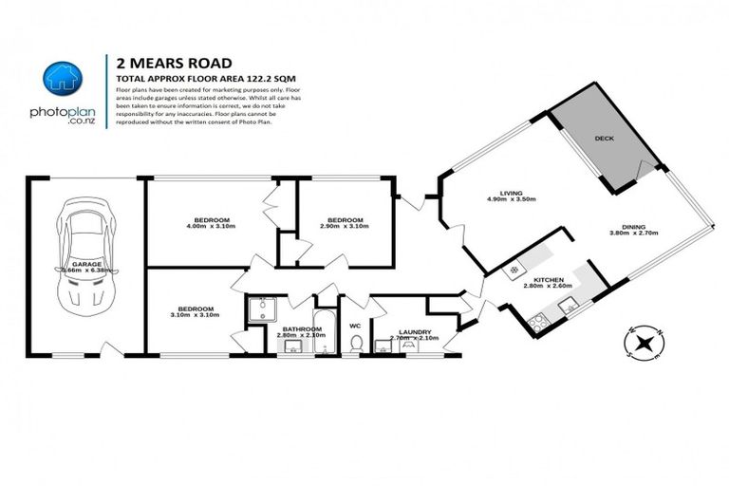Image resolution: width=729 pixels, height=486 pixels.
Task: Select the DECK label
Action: click(604, 138)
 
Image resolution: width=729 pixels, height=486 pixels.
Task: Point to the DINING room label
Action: click(633, 226)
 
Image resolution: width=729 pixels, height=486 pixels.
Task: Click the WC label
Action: click(355, 325)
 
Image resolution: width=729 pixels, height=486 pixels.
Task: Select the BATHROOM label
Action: click(300, 328)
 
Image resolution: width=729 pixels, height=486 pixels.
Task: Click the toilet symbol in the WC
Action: click(355, 347)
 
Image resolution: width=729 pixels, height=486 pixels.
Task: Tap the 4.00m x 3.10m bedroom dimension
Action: click(209, 228)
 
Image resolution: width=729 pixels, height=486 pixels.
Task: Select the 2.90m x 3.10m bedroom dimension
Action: click(344, 228)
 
